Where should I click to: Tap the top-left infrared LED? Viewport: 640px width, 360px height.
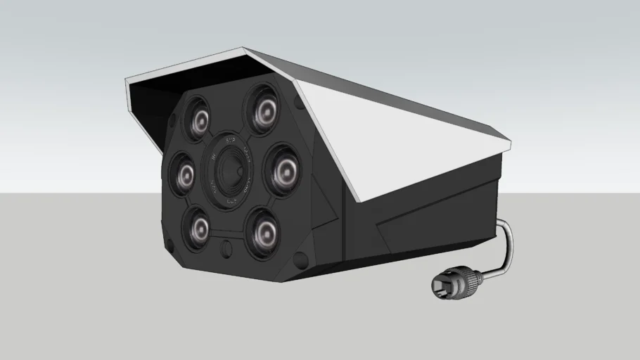point(199,117)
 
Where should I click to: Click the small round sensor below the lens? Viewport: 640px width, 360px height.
point(226,248)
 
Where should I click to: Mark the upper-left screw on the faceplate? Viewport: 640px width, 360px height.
point(174,115)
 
